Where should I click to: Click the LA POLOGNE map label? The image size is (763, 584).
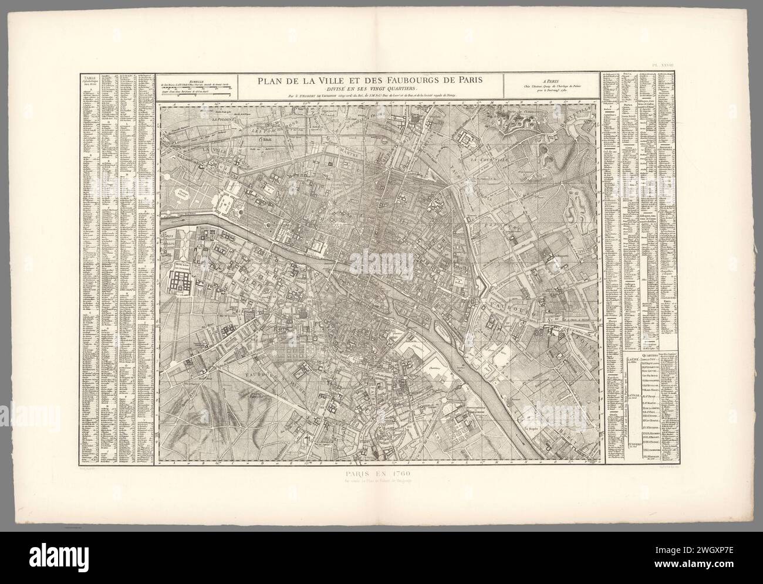pos(223,121)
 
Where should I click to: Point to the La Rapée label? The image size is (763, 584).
pos(532,429)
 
